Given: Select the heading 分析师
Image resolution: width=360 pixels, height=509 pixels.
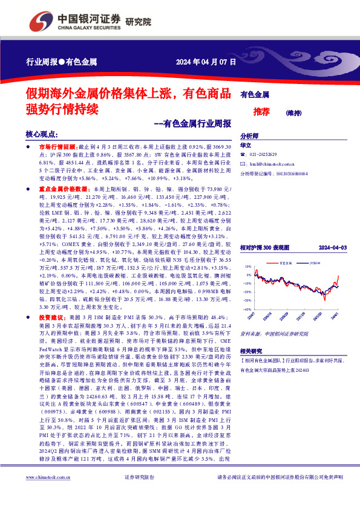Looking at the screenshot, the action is coord(250,136).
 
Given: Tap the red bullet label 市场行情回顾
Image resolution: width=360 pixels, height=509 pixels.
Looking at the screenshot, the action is coord(57,147).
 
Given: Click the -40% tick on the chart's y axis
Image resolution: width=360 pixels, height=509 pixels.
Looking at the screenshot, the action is coord(247,308).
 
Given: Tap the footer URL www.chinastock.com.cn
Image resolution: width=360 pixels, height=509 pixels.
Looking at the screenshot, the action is coord(49,494).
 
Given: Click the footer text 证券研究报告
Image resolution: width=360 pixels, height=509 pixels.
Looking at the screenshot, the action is coord(140,494).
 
